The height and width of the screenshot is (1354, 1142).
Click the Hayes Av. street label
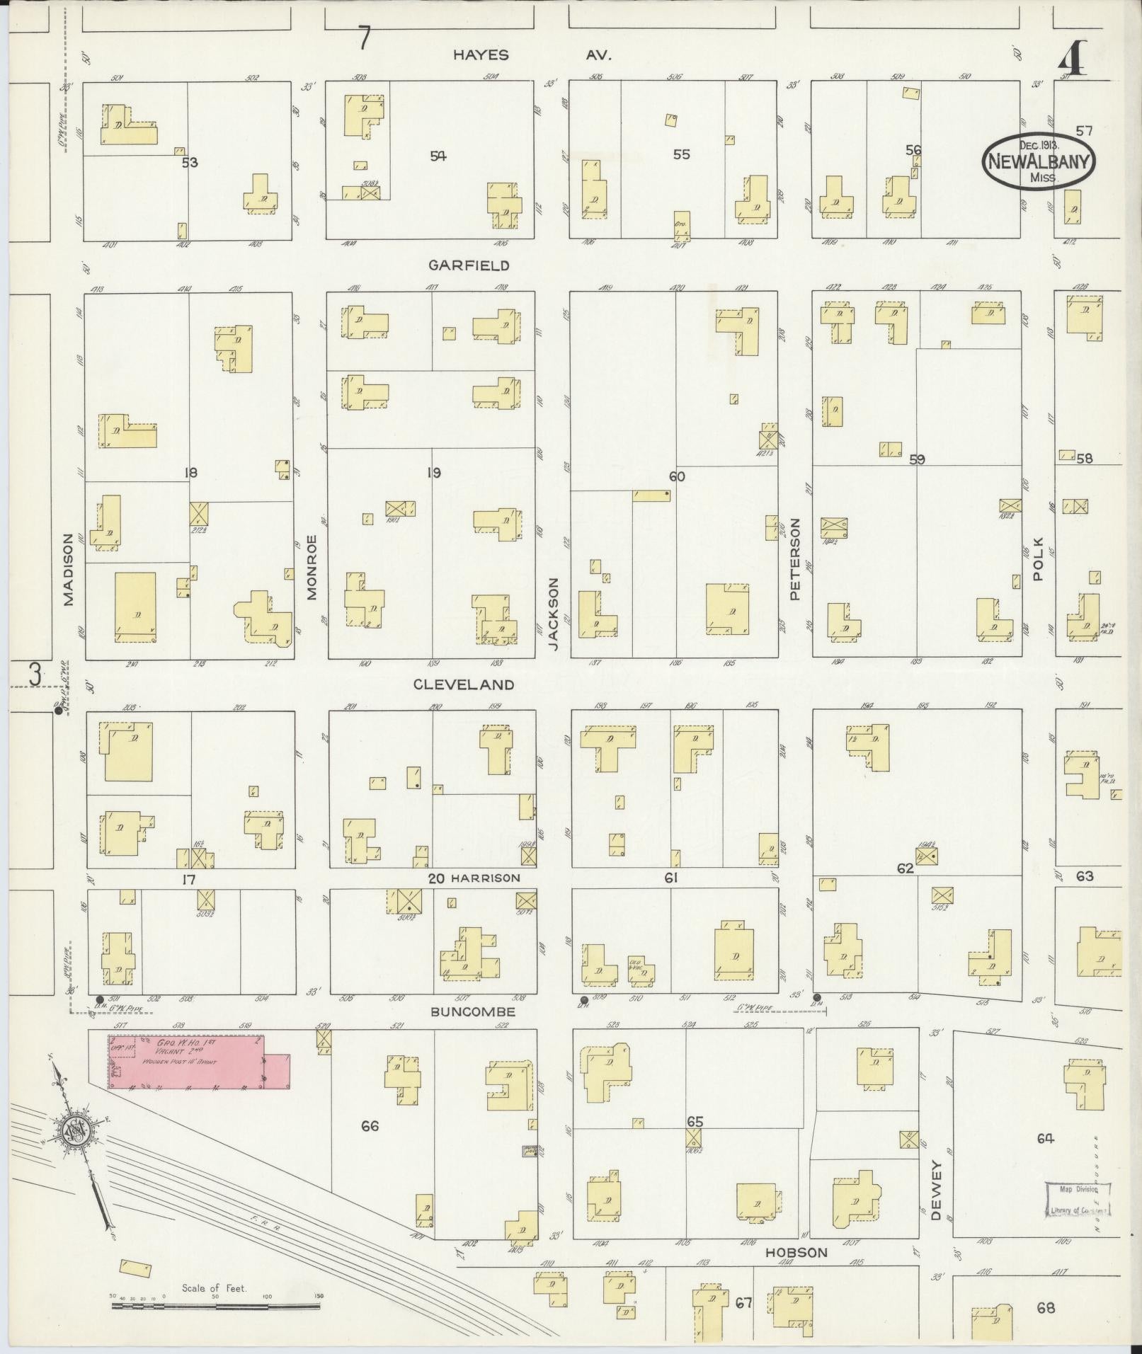531,55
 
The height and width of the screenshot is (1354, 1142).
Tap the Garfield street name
479,265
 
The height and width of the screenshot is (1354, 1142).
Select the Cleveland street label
474,684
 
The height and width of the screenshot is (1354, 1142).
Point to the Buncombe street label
473,1012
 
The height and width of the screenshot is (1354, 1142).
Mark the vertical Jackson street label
554,614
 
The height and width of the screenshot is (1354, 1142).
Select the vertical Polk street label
1039,559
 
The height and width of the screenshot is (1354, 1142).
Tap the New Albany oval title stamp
1039,161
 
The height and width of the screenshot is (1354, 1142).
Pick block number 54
438,156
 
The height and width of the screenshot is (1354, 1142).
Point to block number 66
370,1125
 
